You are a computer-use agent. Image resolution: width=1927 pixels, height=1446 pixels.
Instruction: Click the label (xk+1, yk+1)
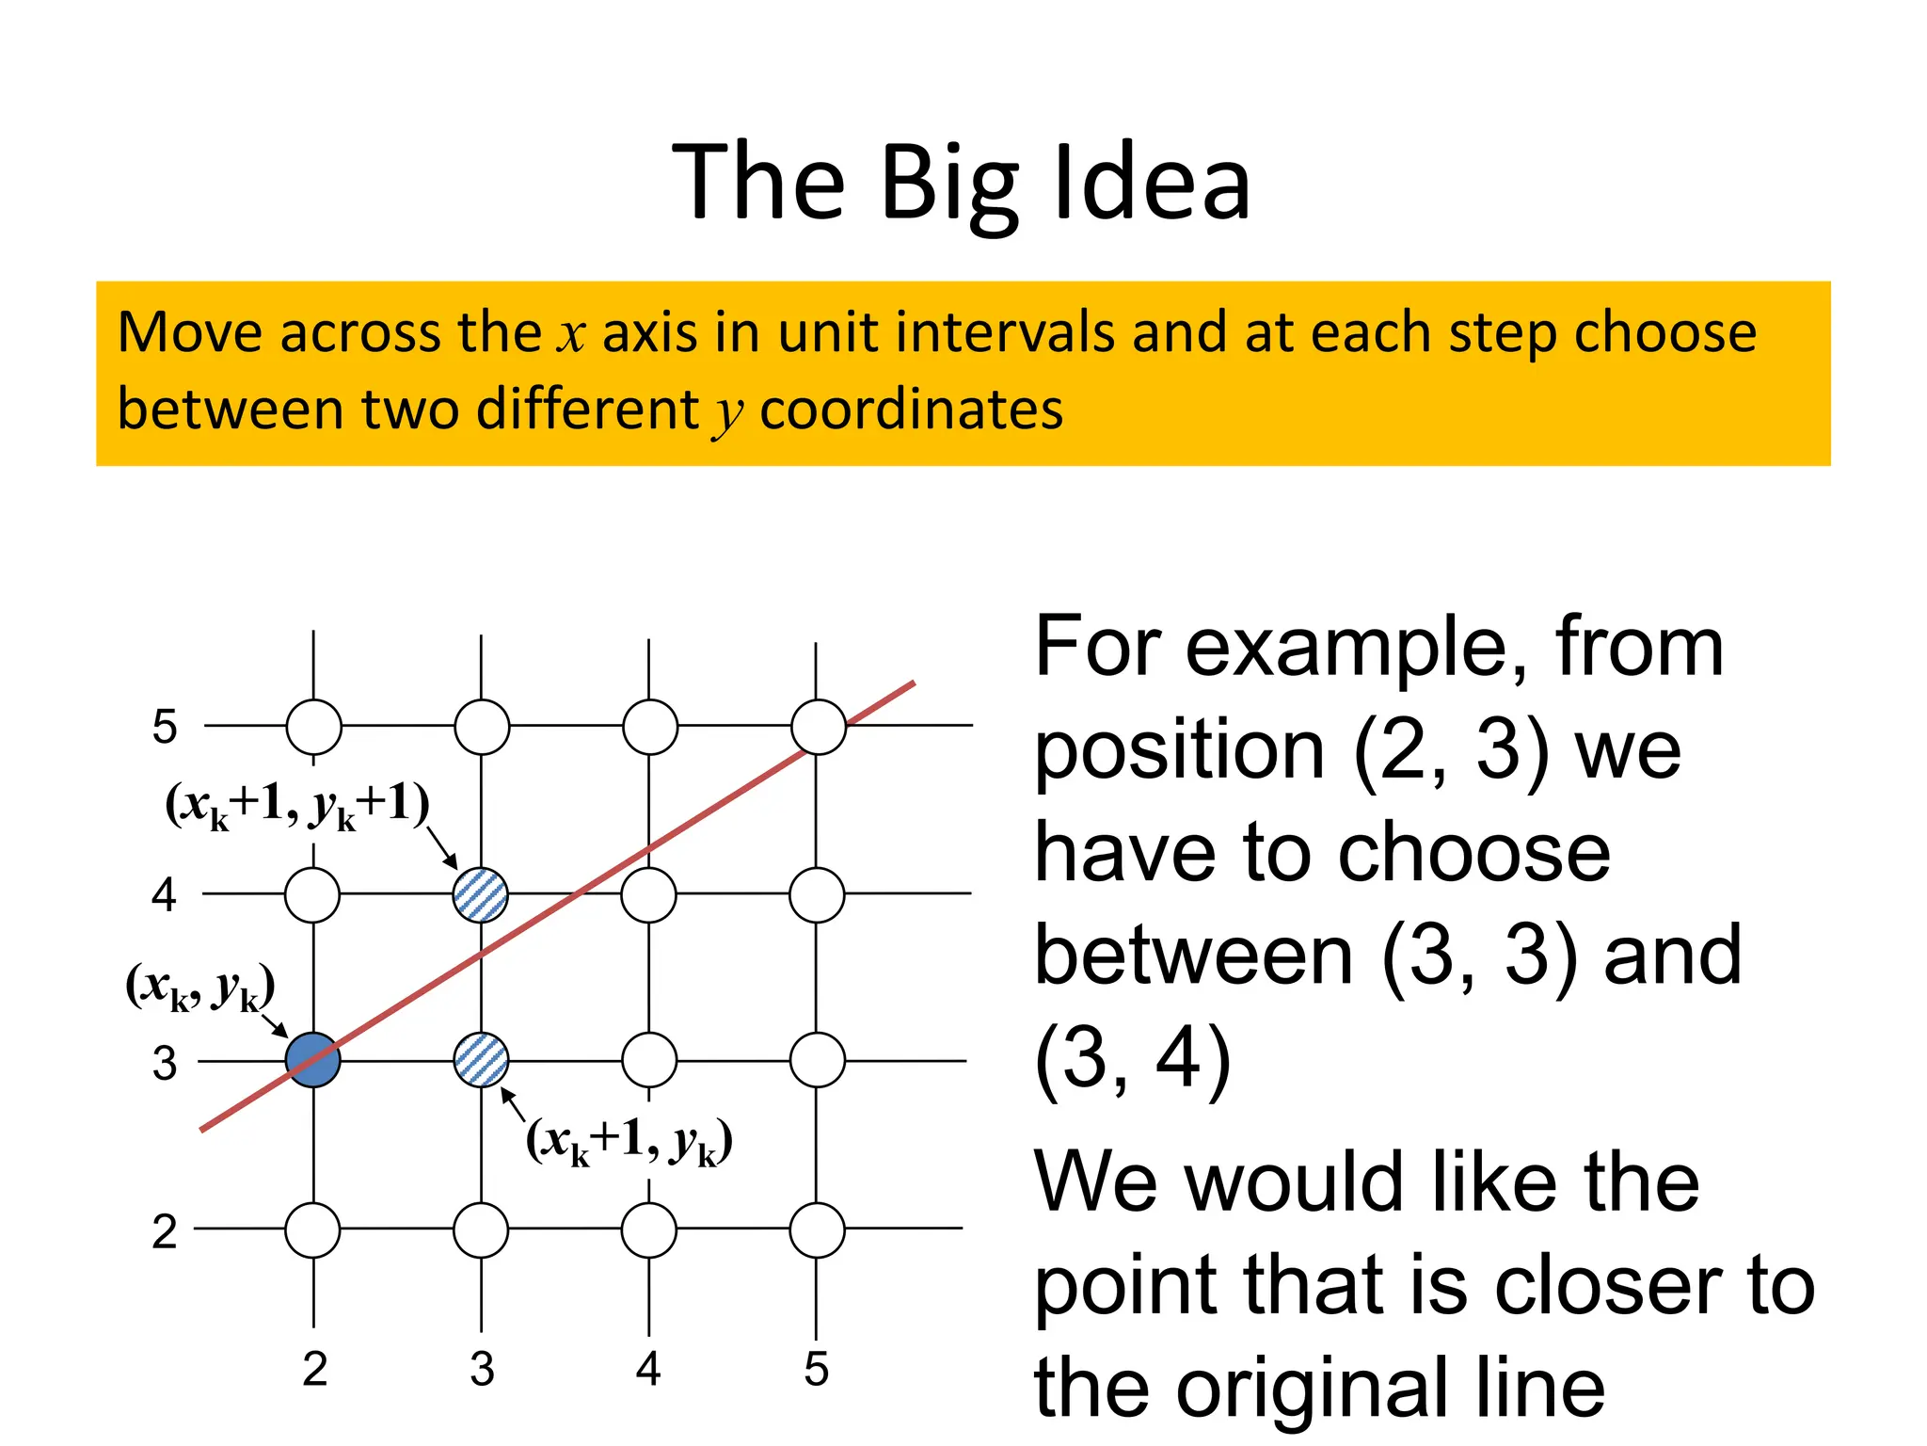click(x=297, y=806)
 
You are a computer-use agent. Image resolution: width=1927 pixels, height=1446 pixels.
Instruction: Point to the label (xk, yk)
click(x=199, y=988)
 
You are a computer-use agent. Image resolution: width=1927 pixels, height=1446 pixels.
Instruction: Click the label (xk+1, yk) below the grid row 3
click(x=629, y=1141)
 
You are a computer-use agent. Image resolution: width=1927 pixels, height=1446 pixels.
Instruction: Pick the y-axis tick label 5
click(x=165, y=727)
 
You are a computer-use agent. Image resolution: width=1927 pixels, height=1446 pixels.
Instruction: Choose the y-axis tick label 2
click(x=165, y=1231)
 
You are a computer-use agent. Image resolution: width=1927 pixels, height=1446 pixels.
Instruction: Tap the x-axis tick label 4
click(x=648, y=1369)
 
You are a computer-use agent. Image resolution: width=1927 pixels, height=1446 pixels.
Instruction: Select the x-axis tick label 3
click(x=482, y=1369)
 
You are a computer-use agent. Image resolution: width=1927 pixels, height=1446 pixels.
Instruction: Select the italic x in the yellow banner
click(x=570, y=334)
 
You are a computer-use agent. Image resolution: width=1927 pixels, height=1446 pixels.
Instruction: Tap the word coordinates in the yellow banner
click(x=911, y=410)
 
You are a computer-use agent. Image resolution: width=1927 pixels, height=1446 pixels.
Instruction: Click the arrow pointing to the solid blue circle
click(x=273, y=1023)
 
